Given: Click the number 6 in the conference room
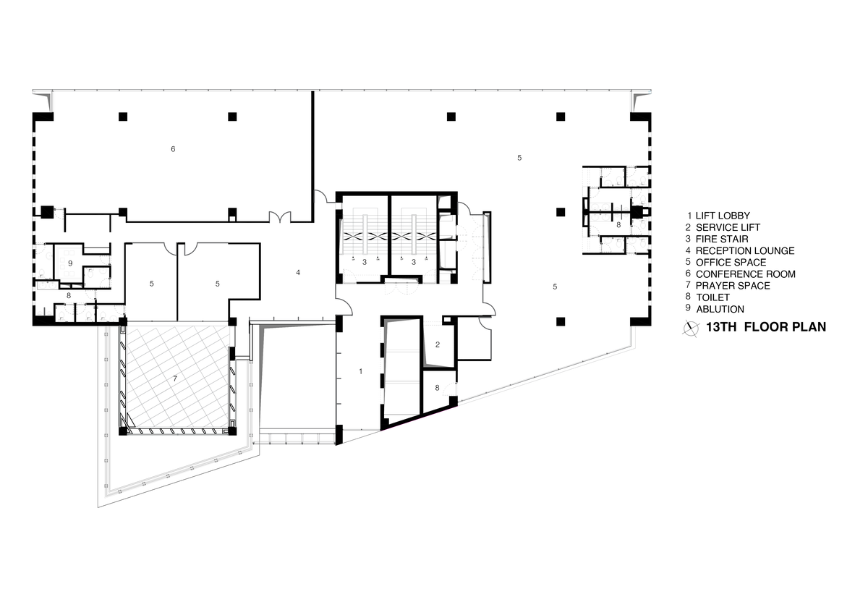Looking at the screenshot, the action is coord(173,149).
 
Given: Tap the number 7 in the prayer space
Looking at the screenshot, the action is coord(175,378).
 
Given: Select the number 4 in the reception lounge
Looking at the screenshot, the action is coord(298,273).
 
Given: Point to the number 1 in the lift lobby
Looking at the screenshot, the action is coord(361,371).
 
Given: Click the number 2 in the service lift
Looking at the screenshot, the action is coord(438,344).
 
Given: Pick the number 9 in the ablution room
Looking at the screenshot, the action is coord(70,263).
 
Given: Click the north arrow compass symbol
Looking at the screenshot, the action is coord(690,329).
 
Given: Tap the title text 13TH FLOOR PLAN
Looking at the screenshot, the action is coord(766,327).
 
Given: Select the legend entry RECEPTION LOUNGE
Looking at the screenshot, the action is coord(745,251).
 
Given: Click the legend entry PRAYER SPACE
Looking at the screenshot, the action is coord(733,286).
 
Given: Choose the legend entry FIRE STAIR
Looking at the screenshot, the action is coord(722,240).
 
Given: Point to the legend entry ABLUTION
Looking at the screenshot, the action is coord(720,310).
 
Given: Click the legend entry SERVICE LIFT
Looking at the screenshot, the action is coord(728,227).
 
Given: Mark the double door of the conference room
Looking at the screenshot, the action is coord(280,216).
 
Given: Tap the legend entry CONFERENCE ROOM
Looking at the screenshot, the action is coord(746,274).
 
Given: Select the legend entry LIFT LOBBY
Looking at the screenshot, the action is coord(723,216).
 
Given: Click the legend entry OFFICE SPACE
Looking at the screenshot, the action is coord(731,263).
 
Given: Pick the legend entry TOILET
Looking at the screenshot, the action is coord(712,297).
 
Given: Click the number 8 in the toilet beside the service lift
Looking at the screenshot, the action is coord(437,388).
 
